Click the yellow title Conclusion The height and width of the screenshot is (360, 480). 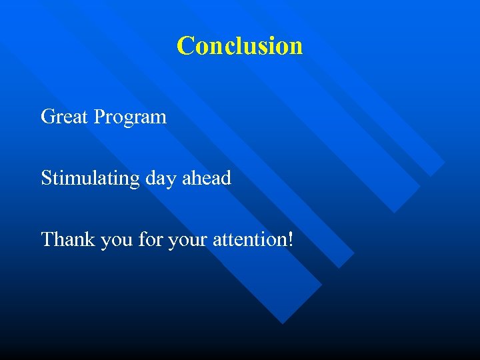240,46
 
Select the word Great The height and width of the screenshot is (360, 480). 65,117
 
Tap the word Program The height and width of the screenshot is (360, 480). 130,118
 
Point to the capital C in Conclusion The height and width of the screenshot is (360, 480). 185,46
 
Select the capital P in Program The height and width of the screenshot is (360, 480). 99,117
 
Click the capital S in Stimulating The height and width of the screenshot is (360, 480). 46,178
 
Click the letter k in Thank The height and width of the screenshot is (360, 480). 91,239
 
